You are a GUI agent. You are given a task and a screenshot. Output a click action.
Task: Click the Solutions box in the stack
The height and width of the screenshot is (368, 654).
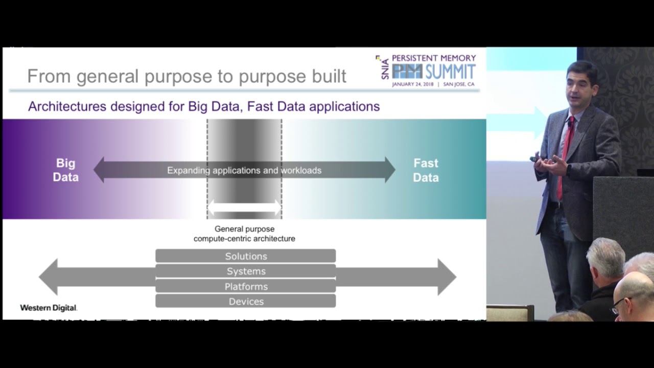coord(246,256)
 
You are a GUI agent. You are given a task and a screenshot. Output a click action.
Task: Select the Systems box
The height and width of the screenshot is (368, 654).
coord(246,271)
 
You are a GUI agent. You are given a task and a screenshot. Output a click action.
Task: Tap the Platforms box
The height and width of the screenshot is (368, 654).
coord(246,287)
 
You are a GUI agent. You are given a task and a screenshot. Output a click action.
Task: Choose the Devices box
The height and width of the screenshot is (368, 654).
coord(246,302)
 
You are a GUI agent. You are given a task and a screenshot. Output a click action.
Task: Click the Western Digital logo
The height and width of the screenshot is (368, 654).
coord(49,308)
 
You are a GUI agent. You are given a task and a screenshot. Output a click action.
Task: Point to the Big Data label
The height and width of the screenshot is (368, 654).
coord(66,170)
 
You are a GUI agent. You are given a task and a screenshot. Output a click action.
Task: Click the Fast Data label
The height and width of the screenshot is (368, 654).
coord(426,170)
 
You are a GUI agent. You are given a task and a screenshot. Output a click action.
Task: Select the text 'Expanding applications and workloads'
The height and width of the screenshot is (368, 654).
coord(244,170)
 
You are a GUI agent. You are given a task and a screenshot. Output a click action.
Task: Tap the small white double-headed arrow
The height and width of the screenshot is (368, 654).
coord(244,208)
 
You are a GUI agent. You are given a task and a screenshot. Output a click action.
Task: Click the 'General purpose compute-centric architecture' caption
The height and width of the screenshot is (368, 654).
coord(244,234)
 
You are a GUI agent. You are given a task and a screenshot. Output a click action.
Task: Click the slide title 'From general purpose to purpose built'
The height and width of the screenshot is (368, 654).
coord(186,76)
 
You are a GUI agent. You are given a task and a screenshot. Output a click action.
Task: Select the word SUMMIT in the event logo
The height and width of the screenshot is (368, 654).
coord(450,72)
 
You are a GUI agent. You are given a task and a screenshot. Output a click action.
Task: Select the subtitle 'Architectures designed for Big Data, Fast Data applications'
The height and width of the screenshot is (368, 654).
coord(204,106)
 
